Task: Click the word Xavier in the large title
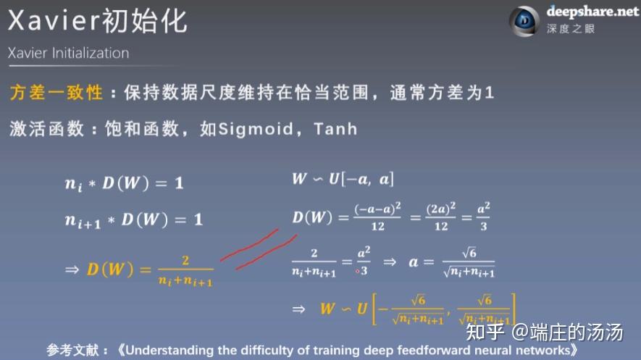[x=54, y=21]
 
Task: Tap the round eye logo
[x=524, y=21]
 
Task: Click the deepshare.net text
[x=592, y=12]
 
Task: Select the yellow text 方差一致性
[x=56, y=92]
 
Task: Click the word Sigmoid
[x=256, y=129]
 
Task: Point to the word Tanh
[x=335, y=129]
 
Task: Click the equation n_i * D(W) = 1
[x=125, y=183]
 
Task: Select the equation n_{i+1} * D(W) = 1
[x=134, y=220]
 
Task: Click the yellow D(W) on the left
[x=110, y=269]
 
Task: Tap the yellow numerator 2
[x=185, y=260]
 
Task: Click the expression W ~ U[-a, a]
[x=343, y=179]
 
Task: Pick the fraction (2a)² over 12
[x=440, y=217]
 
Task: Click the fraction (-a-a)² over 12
[x=377, y=217]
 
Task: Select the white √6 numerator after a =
[x=469, y=254]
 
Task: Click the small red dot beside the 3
[x=358, y=271]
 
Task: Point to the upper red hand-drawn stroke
[x=249, y=245]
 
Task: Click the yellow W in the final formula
[x=327, y=309]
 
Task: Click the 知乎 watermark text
[x=485, y=332]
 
